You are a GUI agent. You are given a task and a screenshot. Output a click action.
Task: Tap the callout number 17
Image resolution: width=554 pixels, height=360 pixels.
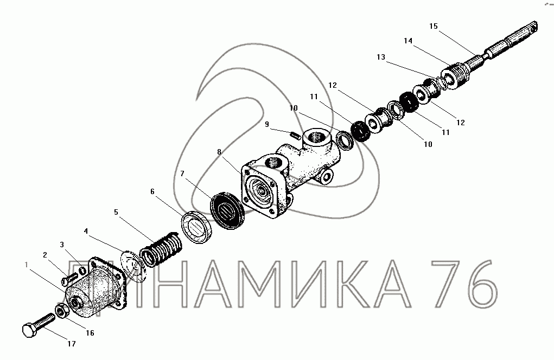click(x=72, y=343)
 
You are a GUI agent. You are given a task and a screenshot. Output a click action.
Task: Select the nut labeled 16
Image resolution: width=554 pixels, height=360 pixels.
click(x=61, y=311)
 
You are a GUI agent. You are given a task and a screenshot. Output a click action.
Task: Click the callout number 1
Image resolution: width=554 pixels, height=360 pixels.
click(x=26, y=265)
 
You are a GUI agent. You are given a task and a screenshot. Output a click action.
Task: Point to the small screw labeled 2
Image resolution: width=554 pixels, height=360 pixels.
click(x=69, y=279)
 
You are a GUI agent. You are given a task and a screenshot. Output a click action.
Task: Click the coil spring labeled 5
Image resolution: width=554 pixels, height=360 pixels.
click(x=161, y=248)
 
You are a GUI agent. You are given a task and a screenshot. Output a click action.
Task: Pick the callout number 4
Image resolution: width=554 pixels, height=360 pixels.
click(x=86, y=231)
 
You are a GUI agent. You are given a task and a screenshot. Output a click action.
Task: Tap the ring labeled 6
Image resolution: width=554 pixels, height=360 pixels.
click(x=198, y=227)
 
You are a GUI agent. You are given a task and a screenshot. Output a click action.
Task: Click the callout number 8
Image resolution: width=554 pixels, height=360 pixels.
click(x=219, y=152)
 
